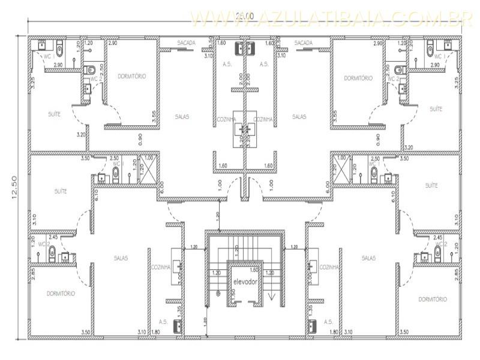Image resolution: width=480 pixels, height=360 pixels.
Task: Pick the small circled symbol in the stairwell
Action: (218, 294)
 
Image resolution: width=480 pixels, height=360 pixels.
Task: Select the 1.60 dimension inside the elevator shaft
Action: (254, 270)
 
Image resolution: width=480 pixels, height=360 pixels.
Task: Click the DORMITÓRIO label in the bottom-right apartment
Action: (433, 299)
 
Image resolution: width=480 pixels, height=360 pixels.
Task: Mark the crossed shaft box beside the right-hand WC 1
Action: (342, 167)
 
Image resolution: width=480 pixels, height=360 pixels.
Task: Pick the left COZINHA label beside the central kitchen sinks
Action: (226, 119)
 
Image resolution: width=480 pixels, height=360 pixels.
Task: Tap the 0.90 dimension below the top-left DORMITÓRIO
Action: (140, 139)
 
